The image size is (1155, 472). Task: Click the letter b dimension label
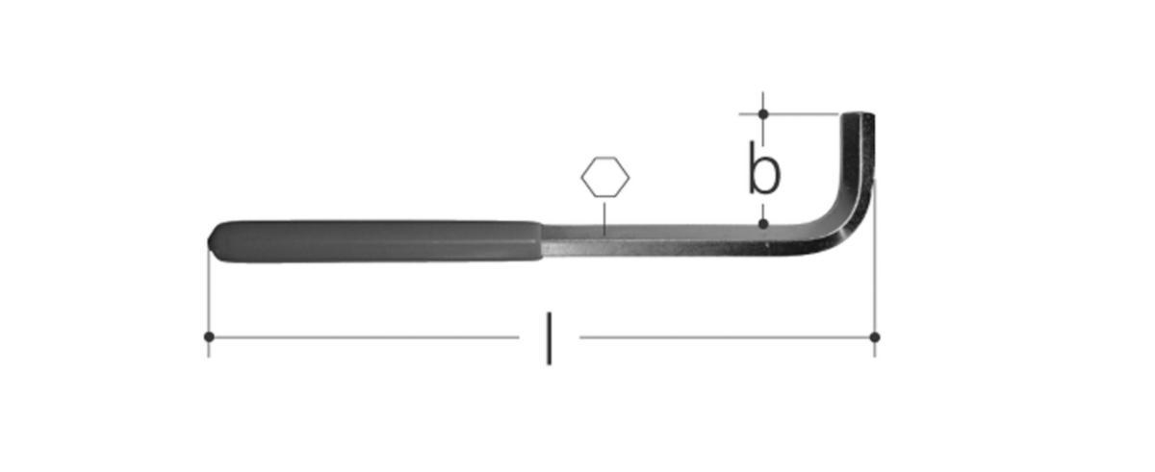click(x=764, y=168)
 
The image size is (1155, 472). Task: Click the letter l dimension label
click(x=550, y=338)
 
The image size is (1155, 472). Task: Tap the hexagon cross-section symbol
click(x=604, y=177)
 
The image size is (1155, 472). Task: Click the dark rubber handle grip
click(x=375, y=241)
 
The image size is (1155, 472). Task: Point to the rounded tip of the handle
click(x=211, y=242)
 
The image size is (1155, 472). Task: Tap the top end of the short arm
click(x=858, y=114)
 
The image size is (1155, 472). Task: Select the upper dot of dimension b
click(x=763, y=113)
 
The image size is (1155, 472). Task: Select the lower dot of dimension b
click(x=763, y=223)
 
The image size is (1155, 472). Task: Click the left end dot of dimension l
click(x=209, y=336)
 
